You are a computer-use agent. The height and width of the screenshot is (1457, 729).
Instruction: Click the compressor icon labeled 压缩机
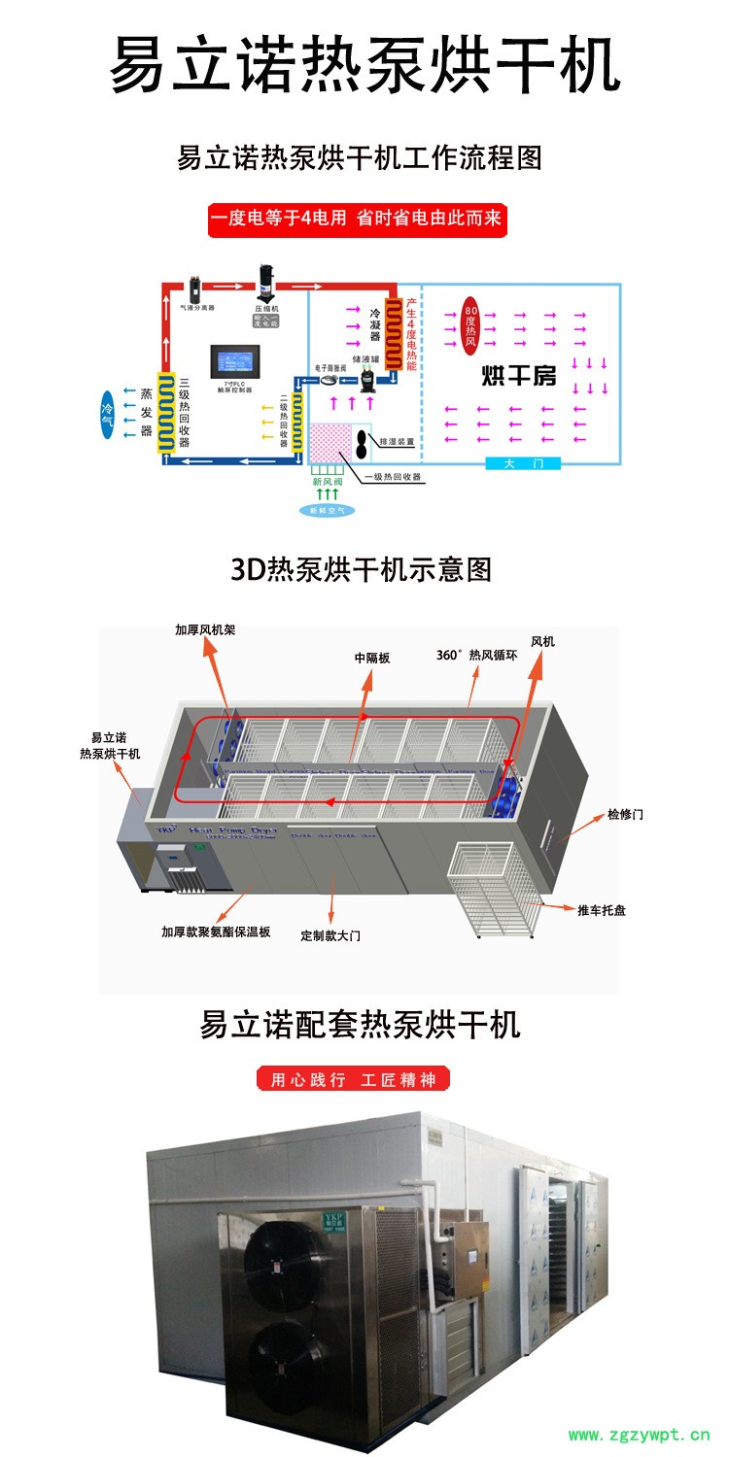[x=265, y=281]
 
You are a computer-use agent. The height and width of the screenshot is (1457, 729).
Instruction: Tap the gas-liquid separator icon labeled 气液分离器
[x=194, y=289]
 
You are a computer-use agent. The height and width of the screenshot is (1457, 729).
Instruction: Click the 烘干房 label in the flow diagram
[x=520, y=376]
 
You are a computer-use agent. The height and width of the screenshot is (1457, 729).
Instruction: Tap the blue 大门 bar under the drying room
[x=524, y=463]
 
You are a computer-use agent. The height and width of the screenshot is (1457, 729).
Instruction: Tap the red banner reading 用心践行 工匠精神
[x=353, y=1079]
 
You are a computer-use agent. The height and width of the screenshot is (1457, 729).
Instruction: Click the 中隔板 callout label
[x=371, y=658]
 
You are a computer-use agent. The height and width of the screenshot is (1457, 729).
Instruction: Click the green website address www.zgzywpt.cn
[x=639, y=1435]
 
